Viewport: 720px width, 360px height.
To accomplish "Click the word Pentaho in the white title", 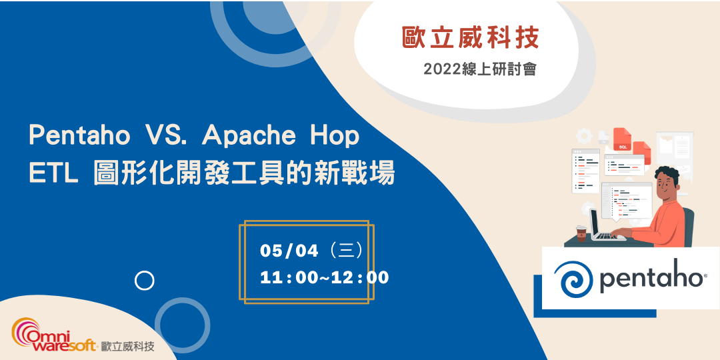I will click(79, 136).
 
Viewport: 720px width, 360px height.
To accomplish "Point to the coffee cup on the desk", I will click(581, 232).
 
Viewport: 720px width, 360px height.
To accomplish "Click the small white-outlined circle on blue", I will click(144, 281).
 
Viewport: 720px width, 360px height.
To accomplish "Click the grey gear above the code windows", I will click(585, 136).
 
